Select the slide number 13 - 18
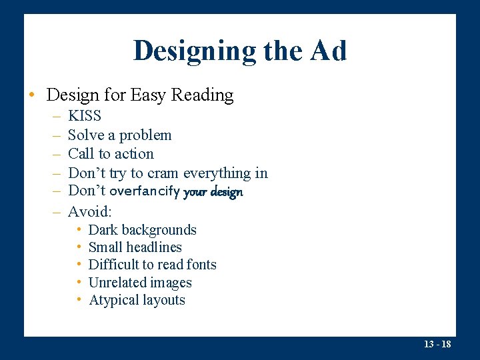pyautogui.click(x=437, y=345)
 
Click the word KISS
pyautogui.click(x=85, y=116)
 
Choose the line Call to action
pyautogui.click(x=111, y=154)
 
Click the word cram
pyautogui.click(x=163, y=173)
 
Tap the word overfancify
pyautogui.click(x=145, y=192)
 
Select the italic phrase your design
pyautogui.click(x=213, y=192)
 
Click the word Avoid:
pyautogui.click(x=90, y=212)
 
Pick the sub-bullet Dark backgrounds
pyautogui.click(x=142, y=230)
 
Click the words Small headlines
pyautogui.click(x=135, y=247)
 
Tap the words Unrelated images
pyautogui.click(x=140, y=283)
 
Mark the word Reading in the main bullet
pyautogui.click(x=202, y=95)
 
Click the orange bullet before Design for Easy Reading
pyautogui.click(x=31, y=95)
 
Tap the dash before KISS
pyautogui.click(x=54, y=116)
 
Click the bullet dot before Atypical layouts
pyautogui.click(x=79, y=300)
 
